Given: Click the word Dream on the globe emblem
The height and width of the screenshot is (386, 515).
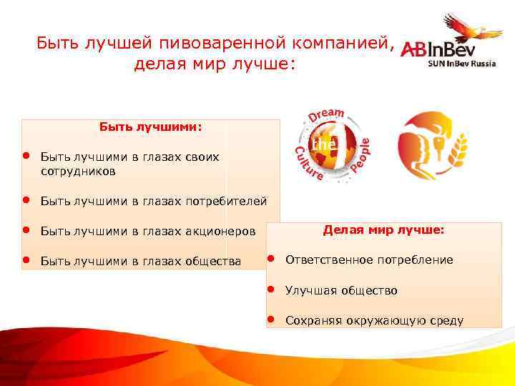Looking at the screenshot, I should pos(327,114).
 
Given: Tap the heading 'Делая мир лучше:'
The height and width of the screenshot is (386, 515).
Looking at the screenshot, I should pos(383,230).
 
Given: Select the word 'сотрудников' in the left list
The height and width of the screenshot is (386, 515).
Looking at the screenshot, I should pos(78,172).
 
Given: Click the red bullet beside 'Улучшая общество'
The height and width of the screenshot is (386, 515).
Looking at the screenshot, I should pos(272,289).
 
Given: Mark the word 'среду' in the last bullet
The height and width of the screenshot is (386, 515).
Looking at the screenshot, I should pos(446,320).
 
